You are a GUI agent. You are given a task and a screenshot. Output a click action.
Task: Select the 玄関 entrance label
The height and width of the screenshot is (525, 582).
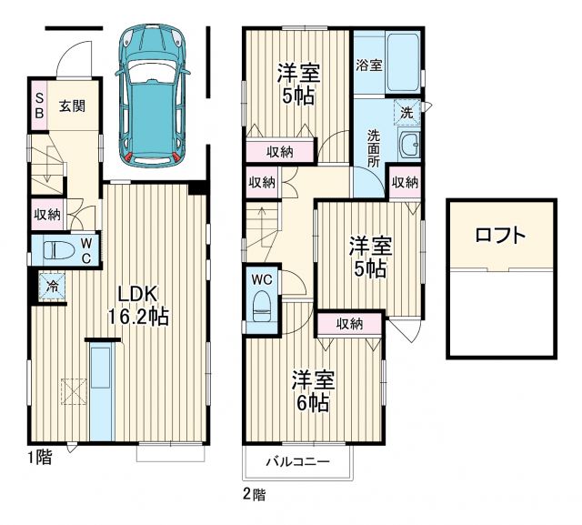[73, 105]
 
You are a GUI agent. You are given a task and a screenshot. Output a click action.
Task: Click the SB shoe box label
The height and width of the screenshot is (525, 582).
[39, 106]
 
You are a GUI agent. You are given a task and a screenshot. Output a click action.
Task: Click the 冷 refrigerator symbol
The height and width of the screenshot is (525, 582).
[52, 286]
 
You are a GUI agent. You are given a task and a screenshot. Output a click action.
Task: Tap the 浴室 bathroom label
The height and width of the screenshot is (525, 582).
[368, 66]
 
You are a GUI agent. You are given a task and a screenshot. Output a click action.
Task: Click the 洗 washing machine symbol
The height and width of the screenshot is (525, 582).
[407, 113]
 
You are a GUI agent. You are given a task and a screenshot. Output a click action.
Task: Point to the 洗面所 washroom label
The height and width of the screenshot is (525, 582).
[374, 147]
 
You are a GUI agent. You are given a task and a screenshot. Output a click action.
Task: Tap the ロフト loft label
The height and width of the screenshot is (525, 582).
[500, 236]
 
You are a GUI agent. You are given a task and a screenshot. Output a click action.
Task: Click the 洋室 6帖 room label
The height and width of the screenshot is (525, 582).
[310, 389]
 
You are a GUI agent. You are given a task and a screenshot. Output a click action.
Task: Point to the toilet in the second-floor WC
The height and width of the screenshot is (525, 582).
[262, 304]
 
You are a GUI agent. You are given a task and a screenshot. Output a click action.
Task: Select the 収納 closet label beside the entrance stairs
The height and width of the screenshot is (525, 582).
[47, 215]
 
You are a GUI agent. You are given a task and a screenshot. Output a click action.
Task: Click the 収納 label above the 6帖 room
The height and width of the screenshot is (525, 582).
[350, 323]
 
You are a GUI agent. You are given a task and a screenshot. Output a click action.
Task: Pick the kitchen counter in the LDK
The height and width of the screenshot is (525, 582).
[100, 389]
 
